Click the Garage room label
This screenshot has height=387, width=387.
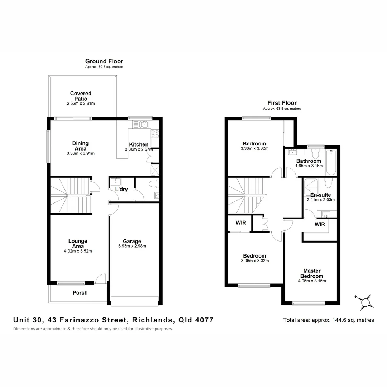click(x=132, y=241)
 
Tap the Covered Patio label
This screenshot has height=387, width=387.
click(x=81, y=96)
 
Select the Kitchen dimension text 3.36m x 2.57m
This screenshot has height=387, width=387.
click(x=138, y=149)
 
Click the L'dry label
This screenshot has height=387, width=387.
click(x=121, y=190)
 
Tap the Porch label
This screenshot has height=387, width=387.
click(x=80, y=293)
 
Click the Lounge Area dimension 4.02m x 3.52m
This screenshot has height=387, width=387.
click(x=78, y=251)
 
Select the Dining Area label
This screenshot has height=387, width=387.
click(x=81, y=145)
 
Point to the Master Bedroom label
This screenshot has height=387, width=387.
click(x=311, y=273)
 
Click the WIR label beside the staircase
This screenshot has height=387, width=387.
click(x=241, y=223)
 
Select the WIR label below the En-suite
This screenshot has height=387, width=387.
click(x=320, y=225)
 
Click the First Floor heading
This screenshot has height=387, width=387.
click(x=282, y=103)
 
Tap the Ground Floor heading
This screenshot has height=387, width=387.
click(x=104, y=62)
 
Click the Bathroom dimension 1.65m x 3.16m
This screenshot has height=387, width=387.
click(x=309, y=166)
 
